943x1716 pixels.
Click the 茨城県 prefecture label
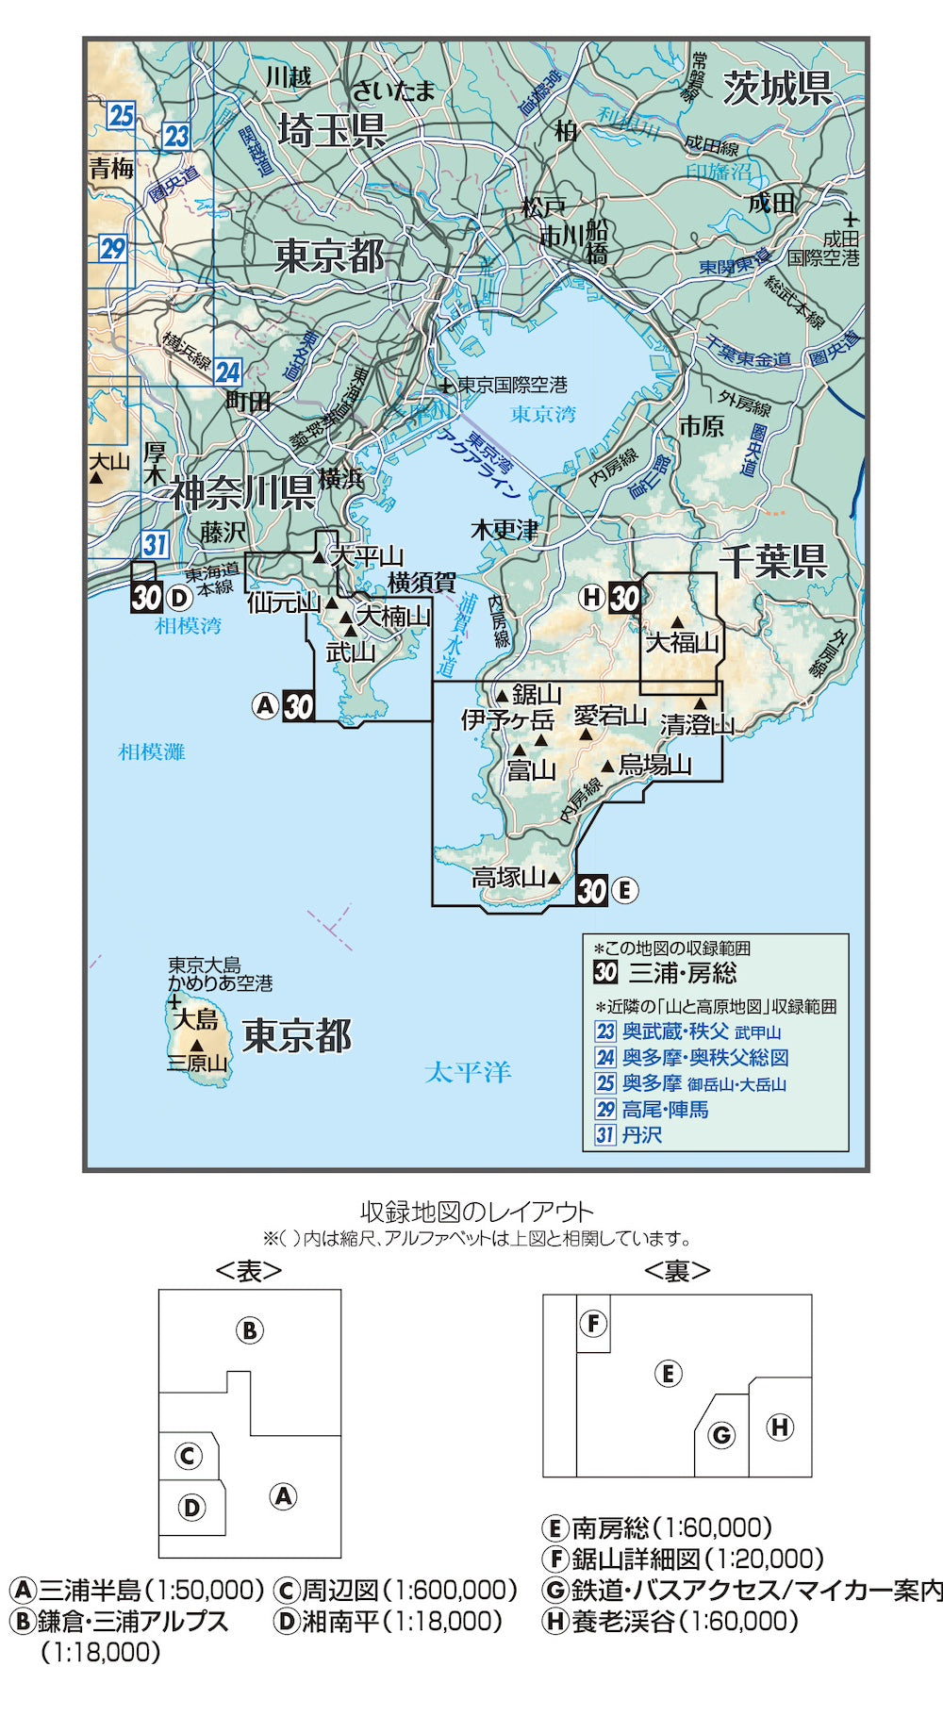click(x=777, y=89)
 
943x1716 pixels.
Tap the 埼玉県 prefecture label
click(x=332, y=130)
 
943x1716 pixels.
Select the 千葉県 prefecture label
click(x=772, y=562)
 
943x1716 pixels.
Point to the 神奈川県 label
click(x=242, y=492)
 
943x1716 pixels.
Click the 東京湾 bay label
click(x=542, y=414)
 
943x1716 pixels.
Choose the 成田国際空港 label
click(x=823, y=248)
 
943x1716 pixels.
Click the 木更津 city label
click(x=505, y=530)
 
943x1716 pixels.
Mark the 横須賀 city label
click(x=422, y=582)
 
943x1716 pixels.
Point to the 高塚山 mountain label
click(x=508, y=877)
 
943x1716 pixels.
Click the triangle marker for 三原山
click(x=196, y=1046)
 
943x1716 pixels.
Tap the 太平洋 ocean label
click(x=467, y=1071)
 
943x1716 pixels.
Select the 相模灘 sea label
click(x=152, y=751)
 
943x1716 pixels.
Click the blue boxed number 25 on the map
click(x=121, y=116)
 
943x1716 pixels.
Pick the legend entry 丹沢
click(x=641, y=1135)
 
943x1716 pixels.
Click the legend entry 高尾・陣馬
click(x=665, y=1109)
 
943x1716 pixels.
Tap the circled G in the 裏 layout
click(x=721, y=1435)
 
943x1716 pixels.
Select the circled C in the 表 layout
click(x=189, y=1456)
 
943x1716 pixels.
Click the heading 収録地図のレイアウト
click(x=476, y=1212)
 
